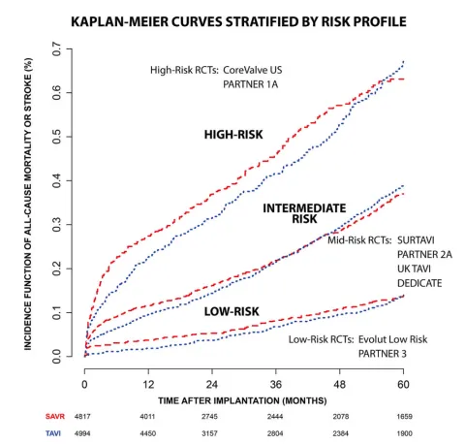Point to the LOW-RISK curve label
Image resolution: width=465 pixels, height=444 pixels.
coord(233,312)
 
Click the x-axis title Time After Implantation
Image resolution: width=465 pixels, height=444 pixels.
coord(243,398)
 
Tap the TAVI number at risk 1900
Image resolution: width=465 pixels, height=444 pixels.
coord(403,432)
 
